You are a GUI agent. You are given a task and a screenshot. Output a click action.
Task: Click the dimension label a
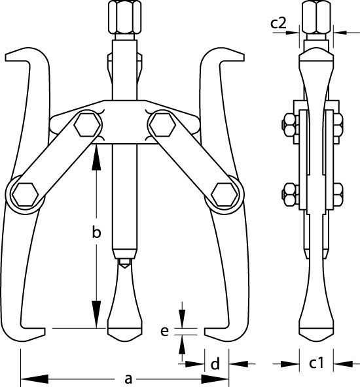[x=128, y=379]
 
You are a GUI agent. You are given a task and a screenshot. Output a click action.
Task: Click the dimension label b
[x=97, y=232]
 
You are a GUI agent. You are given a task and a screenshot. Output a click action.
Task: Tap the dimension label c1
[x=316, y=363]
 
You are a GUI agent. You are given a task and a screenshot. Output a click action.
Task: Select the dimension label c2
[x=278, y=23]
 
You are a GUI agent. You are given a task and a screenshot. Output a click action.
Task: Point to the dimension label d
[x=215, y=364]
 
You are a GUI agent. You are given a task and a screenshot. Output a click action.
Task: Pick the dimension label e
[x=164, y=331]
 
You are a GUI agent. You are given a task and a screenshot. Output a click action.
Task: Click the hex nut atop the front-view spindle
[x=125, y=17]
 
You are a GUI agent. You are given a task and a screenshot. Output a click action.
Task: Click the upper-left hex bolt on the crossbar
[x=88, y=125]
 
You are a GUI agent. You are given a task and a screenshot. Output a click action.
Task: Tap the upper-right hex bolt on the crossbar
[x=163, y=125]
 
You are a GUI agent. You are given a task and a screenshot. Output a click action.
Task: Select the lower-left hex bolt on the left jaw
[x=26, y=195]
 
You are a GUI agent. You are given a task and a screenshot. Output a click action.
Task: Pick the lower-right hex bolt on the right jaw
[x=225, y=195]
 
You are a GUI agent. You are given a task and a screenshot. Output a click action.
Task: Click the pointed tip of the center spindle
[x=124, y=267]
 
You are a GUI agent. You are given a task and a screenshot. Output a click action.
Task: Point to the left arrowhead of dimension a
[x=35, y=379]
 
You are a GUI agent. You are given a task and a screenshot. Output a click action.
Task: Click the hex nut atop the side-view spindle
[x=316, y=17]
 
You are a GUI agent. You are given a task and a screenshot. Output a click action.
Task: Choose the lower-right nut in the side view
[x=337, y=195]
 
